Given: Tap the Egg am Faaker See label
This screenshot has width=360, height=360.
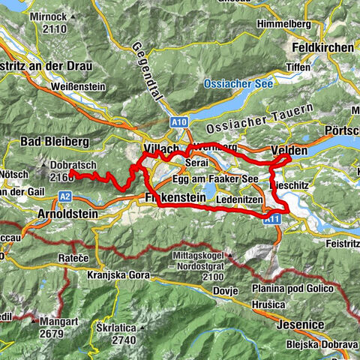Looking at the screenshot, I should (x=214, y=180).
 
